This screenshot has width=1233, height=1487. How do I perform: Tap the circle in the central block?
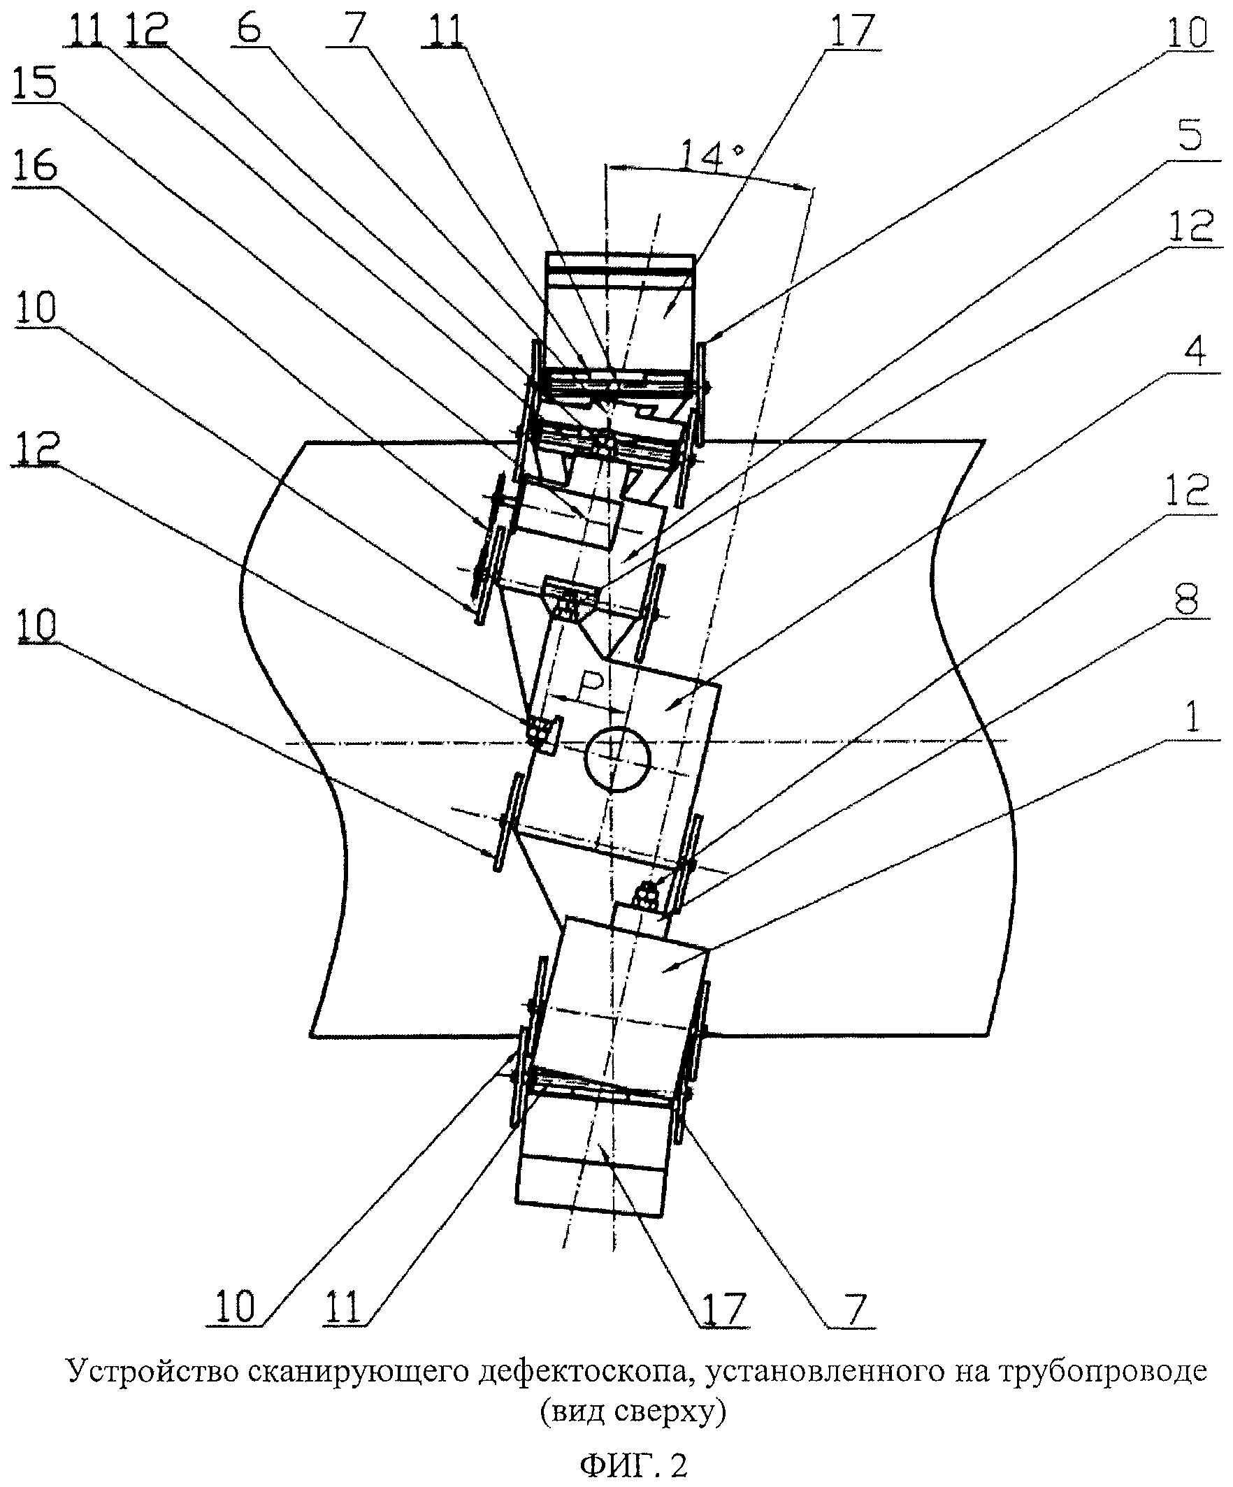617,757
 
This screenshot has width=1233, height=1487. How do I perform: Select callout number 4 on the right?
1194,352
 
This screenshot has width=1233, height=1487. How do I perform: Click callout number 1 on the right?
1194,718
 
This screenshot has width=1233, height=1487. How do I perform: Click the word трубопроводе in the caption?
1102,1370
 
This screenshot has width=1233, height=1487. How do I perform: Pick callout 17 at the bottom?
722,1309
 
